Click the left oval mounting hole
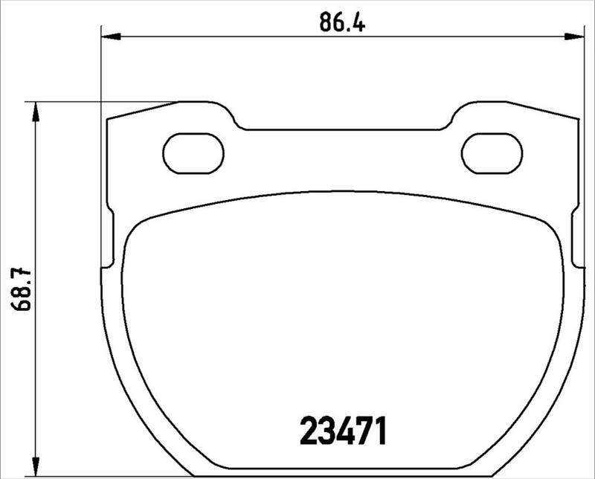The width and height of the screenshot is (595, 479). coord(193,154)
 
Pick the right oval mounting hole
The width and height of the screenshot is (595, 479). coord(492,153)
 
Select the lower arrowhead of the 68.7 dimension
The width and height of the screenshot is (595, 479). coord(33,469)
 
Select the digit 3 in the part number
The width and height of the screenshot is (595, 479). coord(325,431)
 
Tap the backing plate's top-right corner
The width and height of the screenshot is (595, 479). coord(575,120)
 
